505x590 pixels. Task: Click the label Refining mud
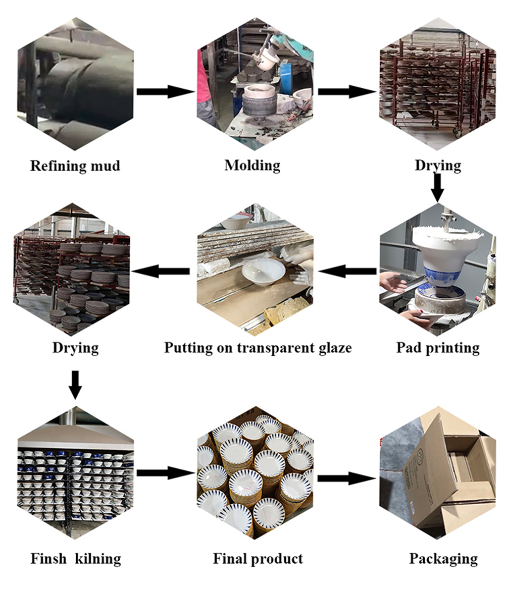pos(75,166)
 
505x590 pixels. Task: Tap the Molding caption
pos(252,165)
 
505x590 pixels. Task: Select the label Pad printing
pos(438,348)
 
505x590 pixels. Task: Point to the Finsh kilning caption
pos(76,559)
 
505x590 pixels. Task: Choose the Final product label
pos(258,559)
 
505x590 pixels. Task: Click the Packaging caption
pos(443,559)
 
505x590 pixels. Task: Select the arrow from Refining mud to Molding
pos(166,91)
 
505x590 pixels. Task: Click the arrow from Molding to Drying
pos(347,91)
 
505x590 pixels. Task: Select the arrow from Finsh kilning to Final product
pos(166,473)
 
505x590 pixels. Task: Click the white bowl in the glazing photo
pos(261,272)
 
